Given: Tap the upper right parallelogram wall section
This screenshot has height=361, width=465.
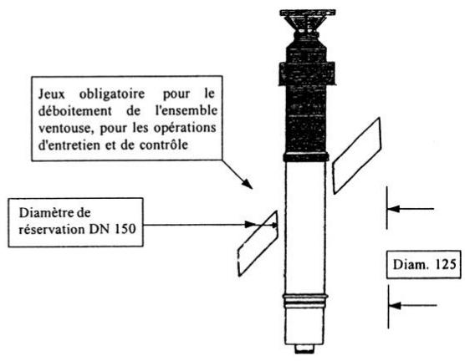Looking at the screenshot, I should point(357,155).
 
